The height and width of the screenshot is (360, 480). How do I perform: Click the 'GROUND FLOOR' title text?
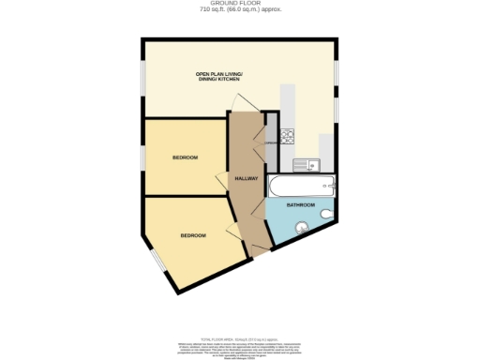(240, 4)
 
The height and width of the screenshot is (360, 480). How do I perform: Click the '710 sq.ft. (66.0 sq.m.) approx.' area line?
(240, 9)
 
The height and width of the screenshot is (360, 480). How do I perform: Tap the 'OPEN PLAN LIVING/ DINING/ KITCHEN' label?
(211, 76)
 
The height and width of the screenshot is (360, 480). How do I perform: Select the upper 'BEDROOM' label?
(185, 157)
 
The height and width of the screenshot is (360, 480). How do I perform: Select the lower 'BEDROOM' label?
(193, 234)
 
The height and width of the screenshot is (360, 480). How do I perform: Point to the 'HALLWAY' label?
(246, 179)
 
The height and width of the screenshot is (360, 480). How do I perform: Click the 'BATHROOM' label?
(300, 204)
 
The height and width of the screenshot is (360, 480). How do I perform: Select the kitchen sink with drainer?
(306, 166)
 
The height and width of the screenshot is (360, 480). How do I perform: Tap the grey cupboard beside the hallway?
(270, 142)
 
